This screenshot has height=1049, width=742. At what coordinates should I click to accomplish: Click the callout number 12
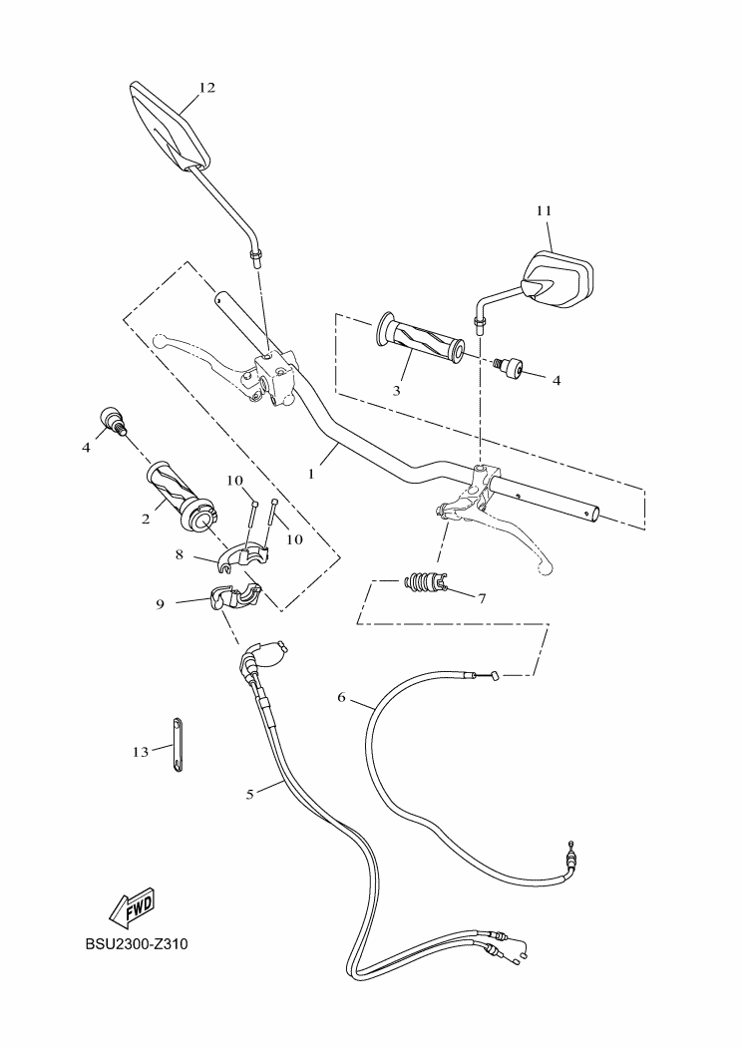[207, 88]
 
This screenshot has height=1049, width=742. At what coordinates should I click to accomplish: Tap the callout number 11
[544, 210]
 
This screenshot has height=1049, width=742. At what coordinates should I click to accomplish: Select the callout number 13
[140, 752]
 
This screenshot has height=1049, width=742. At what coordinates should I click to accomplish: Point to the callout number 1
[311, 474]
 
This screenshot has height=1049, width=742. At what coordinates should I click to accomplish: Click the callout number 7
[482, 597]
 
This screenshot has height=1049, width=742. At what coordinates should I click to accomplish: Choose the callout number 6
[342, 698]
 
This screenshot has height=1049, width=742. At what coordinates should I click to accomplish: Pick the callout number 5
[250, 794]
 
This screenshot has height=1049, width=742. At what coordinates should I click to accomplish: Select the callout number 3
[396, 390]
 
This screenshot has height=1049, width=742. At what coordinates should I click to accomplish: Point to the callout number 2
[146, 519]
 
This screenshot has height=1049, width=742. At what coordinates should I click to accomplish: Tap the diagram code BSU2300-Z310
[137, 944]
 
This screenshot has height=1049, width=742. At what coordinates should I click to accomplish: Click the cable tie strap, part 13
[178, 745]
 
